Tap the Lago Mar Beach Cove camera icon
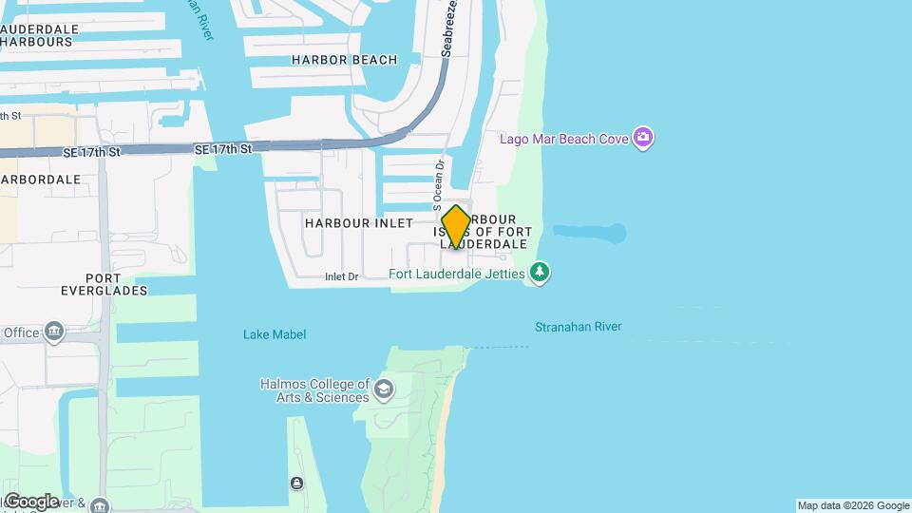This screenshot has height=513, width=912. click(643, 139)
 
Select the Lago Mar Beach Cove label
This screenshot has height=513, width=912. click(564, 140)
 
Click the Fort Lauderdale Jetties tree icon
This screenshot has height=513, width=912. click(540, 274)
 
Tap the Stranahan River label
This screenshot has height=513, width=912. click(578, 327)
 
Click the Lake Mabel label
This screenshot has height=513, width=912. click(275, 334)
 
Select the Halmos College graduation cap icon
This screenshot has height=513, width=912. click(383, 389)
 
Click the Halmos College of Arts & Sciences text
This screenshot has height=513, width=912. click(314, 390)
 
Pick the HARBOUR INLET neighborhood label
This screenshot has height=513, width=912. click(359, 223)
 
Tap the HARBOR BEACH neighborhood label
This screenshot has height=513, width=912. click(332, 60)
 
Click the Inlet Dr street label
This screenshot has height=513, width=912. click(341, 277)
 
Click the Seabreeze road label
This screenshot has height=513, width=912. click(449, 28)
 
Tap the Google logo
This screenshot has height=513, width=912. click(30, 502)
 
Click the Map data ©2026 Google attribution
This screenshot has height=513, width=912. click(853, 505)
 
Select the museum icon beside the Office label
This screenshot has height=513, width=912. click(54, 332)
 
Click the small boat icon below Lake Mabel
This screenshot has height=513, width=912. click(297, 484)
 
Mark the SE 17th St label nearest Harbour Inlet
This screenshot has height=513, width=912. click(223, 149)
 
